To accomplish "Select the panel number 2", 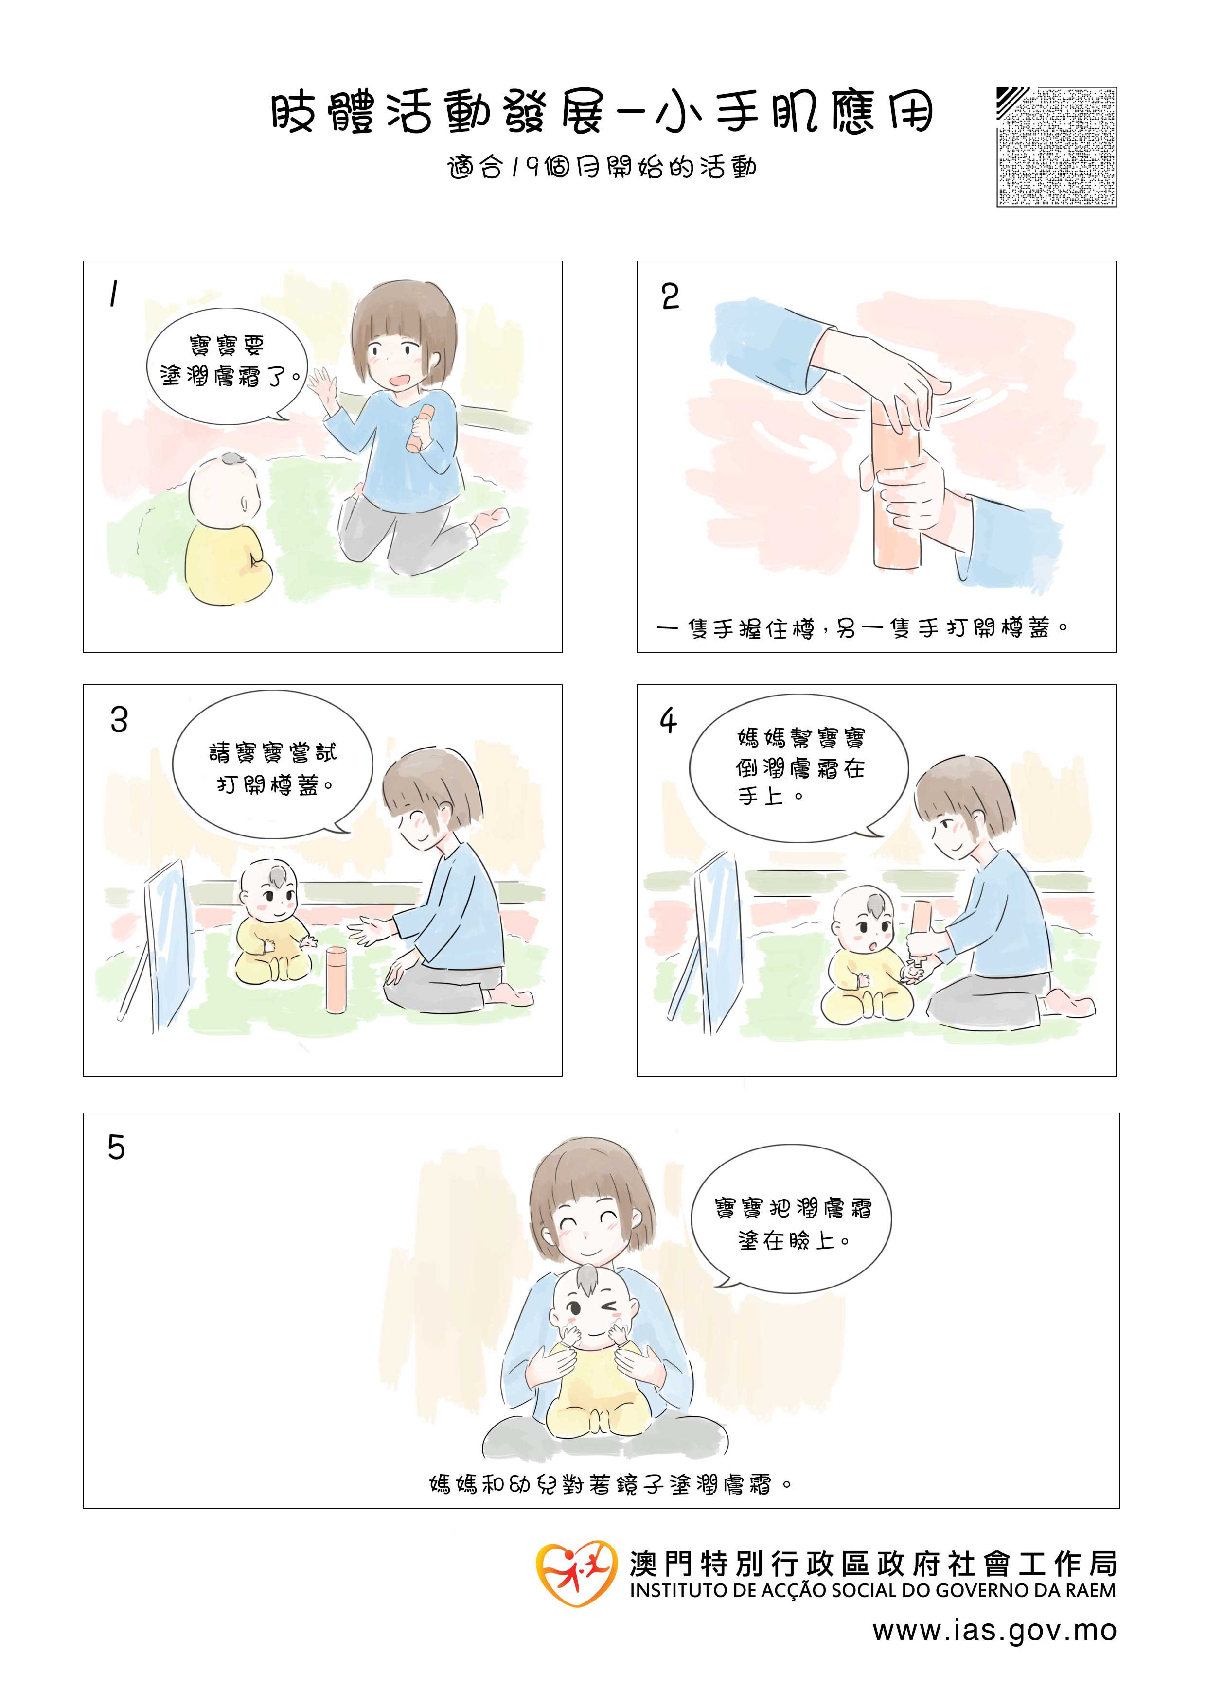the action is [670, 296].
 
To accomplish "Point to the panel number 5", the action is [116, 1148].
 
